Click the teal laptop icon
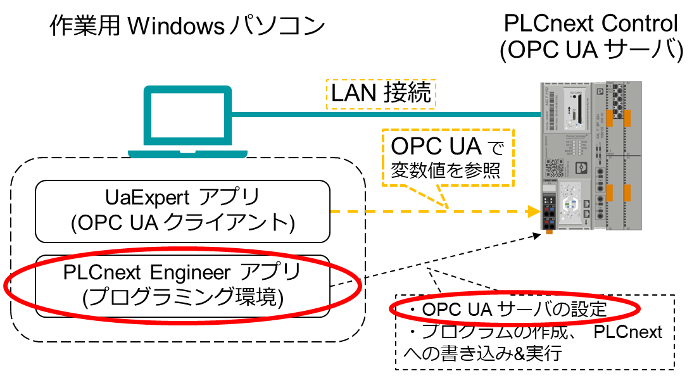[x=187, y=120]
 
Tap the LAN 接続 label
[x=381, y=94]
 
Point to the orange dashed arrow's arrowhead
[x=532, y=211]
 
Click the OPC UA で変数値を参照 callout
[x=447, y=158]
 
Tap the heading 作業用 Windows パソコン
[x=187, y=27]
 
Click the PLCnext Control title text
[x=591, y=23]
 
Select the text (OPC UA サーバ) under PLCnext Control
[x=591, y=51]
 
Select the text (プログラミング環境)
[x=182, y=296]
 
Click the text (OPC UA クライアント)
[x=182, y=222]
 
